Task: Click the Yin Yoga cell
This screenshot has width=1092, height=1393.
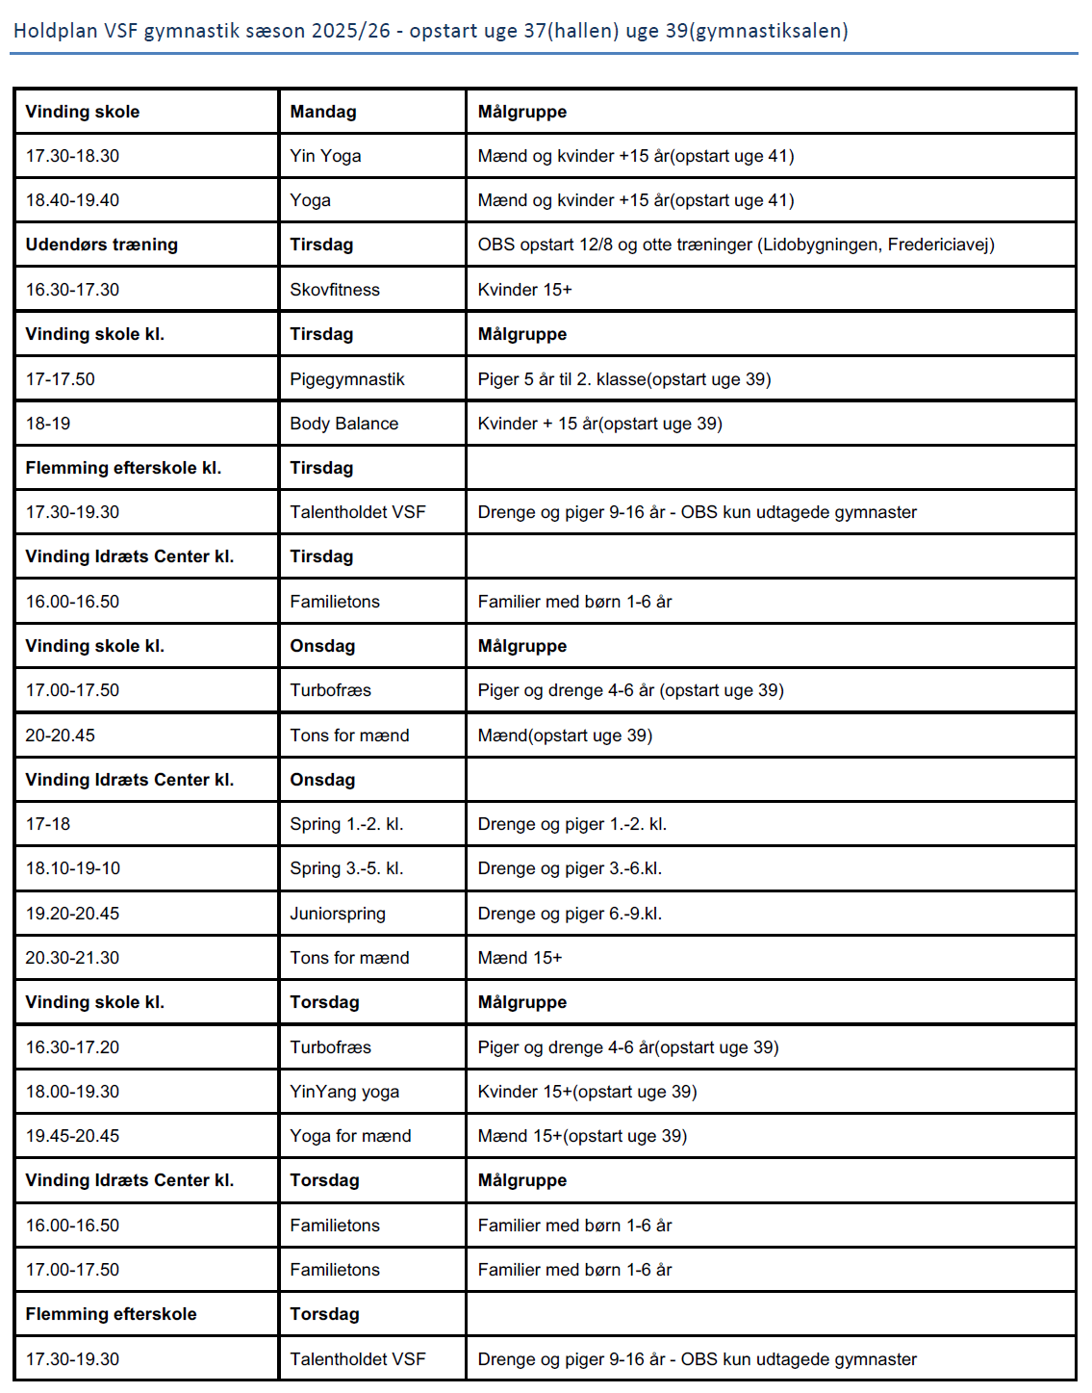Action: (x=325, y=156)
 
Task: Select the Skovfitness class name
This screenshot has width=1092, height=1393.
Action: (x=335, y=290)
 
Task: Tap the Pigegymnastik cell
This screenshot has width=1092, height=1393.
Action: (x=347, y=379)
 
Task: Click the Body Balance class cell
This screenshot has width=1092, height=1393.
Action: (x=343, y=424)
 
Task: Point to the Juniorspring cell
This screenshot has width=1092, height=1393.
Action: (x=338, y=914)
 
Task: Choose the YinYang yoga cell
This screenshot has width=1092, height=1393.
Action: (x=344, y=1092)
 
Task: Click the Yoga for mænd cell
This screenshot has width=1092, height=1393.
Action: (x=350, y=1136)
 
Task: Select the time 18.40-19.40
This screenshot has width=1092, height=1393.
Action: (x=72, y=200)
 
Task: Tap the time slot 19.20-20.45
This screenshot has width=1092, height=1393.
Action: (x=72, y=914)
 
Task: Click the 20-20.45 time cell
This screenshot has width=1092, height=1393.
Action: (x=60, y=735)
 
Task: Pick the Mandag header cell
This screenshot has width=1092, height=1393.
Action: (x=323, y=112)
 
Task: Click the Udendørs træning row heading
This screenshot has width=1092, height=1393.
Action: (x=101, y=245)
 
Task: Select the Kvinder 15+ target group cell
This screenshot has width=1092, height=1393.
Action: (x=524, y=290)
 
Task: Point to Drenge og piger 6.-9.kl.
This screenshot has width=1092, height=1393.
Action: (x=570, y=914)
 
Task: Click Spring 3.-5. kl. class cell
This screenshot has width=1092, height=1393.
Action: (x=346, y=868)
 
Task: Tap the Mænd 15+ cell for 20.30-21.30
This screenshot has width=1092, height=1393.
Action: (x=520, y=958)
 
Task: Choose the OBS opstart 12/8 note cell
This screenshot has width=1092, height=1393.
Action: (x=736, y=245)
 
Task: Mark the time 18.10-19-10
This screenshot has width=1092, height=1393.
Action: (x=73, y=868)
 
